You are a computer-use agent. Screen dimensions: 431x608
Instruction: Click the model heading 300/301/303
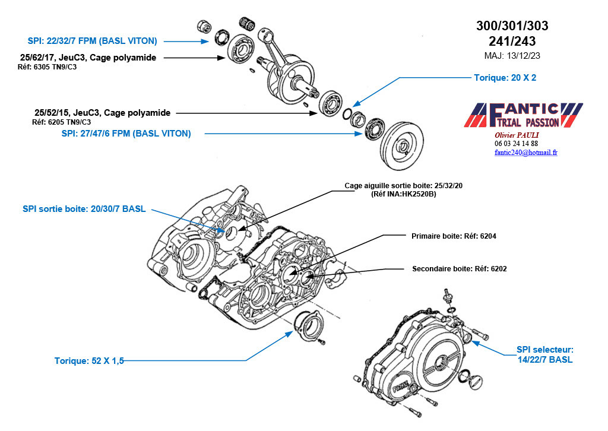point(512,26)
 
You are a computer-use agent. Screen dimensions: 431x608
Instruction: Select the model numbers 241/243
point(512,42)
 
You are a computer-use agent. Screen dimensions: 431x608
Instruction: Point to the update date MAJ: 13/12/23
point(512,55)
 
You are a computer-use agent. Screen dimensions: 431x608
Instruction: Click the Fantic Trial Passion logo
point(522,116)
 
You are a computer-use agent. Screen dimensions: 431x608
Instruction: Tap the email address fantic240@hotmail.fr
point(525,153)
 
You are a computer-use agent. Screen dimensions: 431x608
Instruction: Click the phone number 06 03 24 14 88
point(516,144)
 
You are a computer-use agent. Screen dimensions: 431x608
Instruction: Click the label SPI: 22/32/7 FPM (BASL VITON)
point(92,41)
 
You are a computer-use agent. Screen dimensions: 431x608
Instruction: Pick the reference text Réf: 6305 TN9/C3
point(47,67)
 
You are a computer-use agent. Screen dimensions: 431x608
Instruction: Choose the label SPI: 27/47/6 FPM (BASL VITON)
point(126,134)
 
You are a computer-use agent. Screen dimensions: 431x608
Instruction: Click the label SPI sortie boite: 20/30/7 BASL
point(84,209)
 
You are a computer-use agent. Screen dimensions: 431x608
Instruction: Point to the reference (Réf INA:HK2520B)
point(403,194)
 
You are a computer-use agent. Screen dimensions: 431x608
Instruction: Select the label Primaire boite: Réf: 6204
point(454,236)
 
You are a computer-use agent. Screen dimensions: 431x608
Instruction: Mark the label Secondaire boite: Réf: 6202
point(459,268)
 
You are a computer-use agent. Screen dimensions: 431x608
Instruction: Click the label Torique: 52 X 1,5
point(89,360)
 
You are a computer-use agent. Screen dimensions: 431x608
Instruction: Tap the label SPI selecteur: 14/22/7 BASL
point(544,355)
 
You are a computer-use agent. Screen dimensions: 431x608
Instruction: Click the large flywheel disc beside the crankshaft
point(403,145)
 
